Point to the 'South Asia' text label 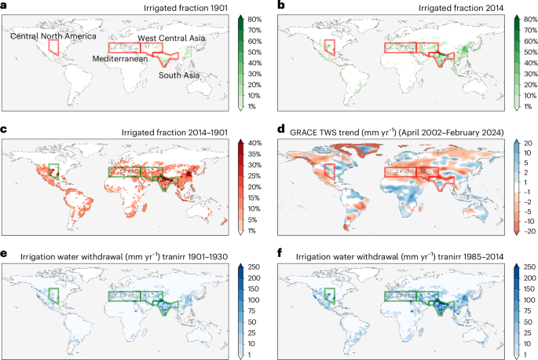tap(178, 75)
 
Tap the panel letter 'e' tap(5, 253)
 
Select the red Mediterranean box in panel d tap(400, 171)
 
